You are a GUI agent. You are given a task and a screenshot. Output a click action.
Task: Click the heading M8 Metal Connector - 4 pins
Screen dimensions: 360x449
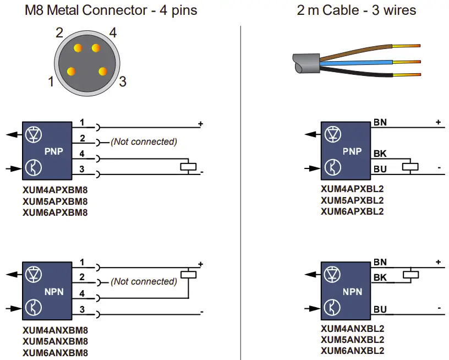point(111,10)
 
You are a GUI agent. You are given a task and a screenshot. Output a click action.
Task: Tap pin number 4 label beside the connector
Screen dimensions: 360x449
point(113,33)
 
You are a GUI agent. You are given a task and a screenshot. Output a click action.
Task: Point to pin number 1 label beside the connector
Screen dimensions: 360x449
point(51,82)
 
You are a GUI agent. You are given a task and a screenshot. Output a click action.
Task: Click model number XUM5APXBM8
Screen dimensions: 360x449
point(55,201)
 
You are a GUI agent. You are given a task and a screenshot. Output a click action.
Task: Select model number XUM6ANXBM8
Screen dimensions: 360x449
point(55,353)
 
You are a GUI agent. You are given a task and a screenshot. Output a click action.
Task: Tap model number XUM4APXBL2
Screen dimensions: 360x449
point(352,190)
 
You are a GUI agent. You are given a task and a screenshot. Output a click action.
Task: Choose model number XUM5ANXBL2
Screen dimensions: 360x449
point(352,340)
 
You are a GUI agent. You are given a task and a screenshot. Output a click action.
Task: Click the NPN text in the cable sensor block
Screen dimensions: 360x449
point(352,291)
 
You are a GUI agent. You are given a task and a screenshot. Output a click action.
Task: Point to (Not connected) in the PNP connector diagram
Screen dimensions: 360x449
point(144,141)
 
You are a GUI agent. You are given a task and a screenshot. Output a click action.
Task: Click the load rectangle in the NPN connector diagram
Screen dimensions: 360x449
point(189,274)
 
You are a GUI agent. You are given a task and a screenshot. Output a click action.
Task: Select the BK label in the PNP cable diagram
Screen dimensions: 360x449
point(380,154)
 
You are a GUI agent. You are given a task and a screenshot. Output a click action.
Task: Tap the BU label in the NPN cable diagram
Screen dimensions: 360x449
point(380,309)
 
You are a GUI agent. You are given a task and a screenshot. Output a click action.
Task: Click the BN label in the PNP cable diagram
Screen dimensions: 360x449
point(380,122)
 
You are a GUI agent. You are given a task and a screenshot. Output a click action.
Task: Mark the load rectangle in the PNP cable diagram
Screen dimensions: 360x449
point(410,166)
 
